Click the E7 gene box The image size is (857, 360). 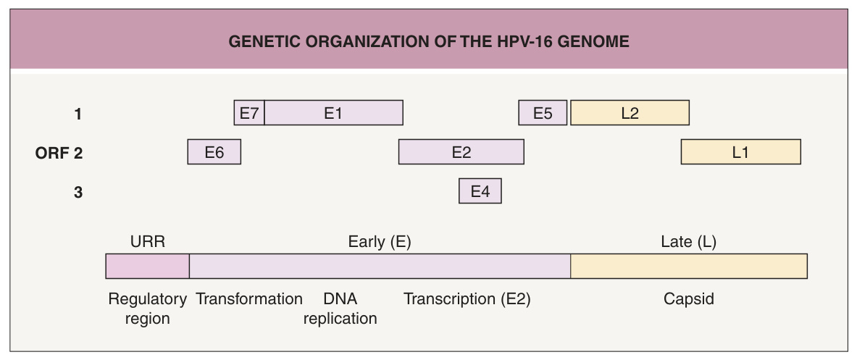click(249, 112)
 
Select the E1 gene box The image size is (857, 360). click(333, 112)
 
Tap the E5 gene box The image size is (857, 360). click(543, 112)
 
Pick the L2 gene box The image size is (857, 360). click(630, 112)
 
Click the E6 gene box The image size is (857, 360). click(214, 152)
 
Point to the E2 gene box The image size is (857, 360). click(461, 152)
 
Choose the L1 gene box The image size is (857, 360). click(740, 152)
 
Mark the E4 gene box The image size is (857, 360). click(480, 191)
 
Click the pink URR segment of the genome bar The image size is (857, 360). click(148, 266)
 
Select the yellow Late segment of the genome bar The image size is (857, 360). click(689, 266)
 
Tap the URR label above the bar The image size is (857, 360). click(148, 241)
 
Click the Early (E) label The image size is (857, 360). click(380, 242)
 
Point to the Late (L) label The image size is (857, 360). click(689, 242)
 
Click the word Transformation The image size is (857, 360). click(249, 299)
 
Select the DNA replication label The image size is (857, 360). click(340, 309)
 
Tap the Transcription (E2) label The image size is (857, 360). click(467, 299)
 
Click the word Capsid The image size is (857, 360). click(689, 300)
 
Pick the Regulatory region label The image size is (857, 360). click(148, 309)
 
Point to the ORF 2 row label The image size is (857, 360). click(59, 154)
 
